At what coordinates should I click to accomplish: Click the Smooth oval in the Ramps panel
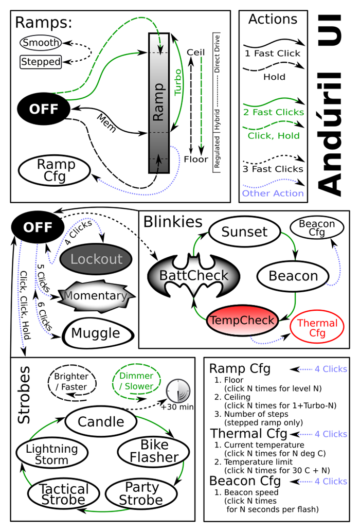pyautogui.click(x=41, y=43)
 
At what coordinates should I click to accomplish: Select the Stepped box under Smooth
pyautogui.click(x=41, y=62)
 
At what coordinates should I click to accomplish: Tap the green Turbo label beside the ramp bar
pyautogui.click(x=177, y=82)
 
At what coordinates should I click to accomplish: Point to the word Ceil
pyautogui.click(x=196, y=52)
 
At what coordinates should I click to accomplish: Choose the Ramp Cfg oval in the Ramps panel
pyautogui.click(x=54, y=170)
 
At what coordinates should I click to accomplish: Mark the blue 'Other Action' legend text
pyautogui.click(x=273, y=193)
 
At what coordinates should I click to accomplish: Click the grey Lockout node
pyautogui.click(x=96, y=259)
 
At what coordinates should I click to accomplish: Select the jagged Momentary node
pyautogui.click(x=96, y=296)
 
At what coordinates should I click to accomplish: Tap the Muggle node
pyautogui.click(x=97, y=333)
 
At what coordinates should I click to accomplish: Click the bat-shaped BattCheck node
pyautogui.click(x=194, y=275)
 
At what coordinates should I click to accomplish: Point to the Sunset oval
pyautogui.click(x=244, y=232)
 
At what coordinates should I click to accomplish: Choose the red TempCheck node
pyautogui.click(x=242, y=321)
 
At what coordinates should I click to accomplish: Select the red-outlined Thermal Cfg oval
pyautogui.click(x=317, y=327)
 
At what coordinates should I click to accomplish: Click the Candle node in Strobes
pyautogui.click(x=101, y=422)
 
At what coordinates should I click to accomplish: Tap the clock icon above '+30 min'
pyautogui.click(x=178, y=391)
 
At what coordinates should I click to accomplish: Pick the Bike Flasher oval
pyautogui.click(x=154, y=451)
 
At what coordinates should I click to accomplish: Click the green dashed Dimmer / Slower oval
pyautogui.click(x=136, y=381)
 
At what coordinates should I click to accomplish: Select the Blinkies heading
pyautogui.click(x=173, y=222)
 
